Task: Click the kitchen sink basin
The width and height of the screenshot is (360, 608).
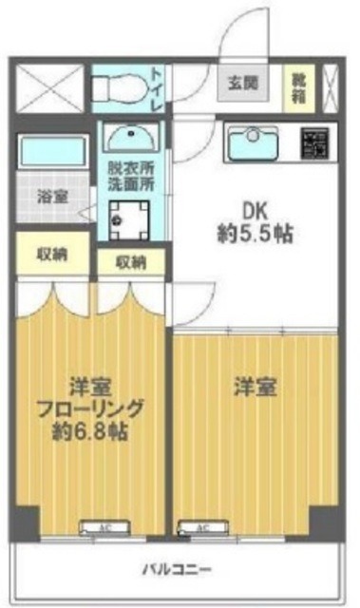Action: pos(254,142)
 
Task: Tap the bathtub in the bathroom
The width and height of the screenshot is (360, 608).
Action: pos(52,153)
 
